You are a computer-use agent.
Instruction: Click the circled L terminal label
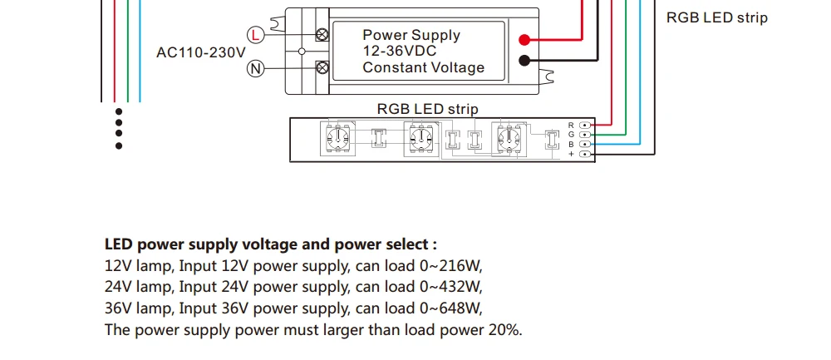[256, 35]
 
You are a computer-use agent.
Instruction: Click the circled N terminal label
[256, 68]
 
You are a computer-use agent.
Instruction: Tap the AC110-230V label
[201, 52]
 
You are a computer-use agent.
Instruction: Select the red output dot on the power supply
[524, 40]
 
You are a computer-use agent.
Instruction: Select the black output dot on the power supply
[524, 61]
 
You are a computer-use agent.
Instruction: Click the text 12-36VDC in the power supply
[400, 51]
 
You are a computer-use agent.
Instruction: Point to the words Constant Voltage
[424, 67]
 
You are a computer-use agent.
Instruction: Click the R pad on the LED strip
[585, 125]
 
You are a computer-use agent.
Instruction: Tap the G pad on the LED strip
[585, 135]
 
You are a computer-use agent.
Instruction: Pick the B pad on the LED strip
[585, 144]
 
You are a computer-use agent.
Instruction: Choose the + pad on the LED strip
[585, 154]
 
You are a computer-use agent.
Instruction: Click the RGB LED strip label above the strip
[428, 109]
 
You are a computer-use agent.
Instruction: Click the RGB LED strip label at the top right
[717, 17]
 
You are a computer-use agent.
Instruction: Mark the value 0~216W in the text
[451, 265]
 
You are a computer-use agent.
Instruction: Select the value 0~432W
[451, 286]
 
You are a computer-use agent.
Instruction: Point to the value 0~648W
[451, 308]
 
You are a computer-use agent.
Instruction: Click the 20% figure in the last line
[504, 330]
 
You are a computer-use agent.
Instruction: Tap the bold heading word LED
[119, 244]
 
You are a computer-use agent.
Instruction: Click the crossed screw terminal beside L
[322, 35]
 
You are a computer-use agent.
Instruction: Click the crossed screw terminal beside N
[322, 68]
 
